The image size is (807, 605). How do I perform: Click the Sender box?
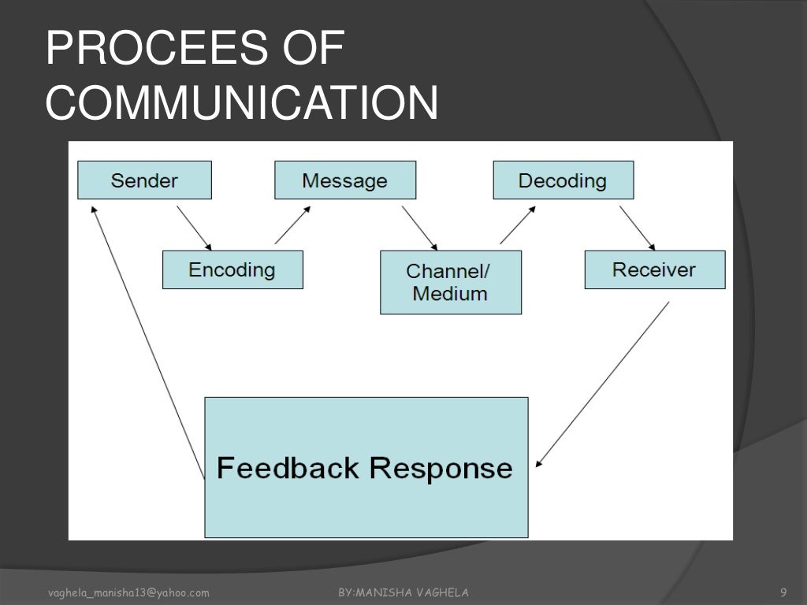point(144,180)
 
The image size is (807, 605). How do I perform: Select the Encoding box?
point(232,270)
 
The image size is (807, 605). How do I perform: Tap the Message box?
point(345,180)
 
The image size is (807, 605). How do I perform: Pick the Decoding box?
point(563,180)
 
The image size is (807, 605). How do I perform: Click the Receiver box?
point(654,270)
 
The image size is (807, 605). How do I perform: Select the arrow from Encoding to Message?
point(291,226)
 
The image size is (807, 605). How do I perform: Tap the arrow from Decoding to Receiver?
point(637,228)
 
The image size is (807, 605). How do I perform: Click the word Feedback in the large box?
point(288,468)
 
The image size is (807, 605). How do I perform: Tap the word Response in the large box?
point(441,468)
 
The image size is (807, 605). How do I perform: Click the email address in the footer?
point(128,592)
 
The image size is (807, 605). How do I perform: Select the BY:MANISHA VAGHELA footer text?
point(403,592)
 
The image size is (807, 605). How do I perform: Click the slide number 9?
point(783,592)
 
